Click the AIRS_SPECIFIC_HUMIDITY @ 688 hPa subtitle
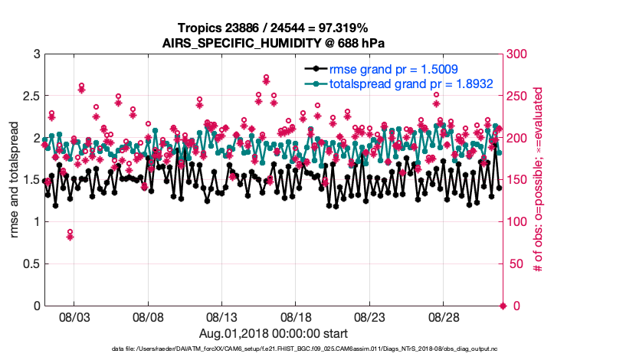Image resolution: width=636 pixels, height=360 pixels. point(274,43)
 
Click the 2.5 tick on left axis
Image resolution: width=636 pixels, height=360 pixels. point(30,97)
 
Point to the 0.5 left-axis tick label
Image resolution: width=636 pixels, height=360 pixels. point(30,264)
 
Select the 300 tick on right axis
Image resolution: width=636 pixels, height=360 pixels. point(520,54)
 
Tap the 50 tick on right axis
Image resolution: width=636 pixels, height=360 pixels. point(517,264)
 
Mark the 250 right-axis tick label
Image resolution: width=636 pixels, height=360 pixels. point(520,97)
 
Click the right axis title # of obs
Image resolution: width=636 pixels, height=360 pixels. point(539,180)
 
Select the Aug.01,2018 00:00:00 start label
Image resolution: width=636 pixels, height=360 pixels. point(274,334)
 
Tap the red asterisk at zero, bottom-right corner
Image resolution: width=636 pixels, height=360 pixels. point(503,306)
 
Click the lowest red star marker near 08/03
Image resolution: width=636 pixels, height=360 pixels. point(70,237)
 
